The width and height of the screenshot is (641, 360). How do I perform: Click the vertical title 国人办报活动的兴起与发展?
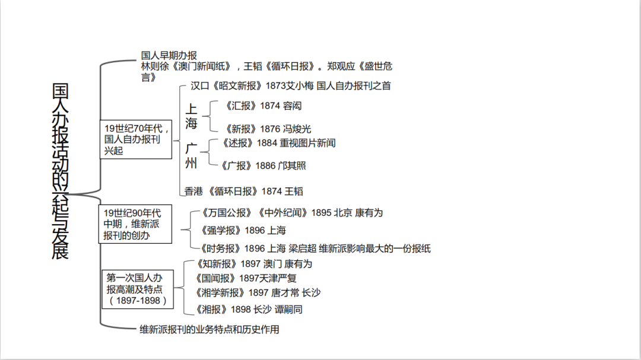[61, 171]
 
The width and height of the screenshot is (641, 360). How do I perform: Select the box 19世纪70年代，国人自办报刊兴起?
[137, 139]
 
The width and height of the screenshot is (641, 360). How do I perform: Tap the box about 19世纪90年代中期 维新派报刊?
[135, 224]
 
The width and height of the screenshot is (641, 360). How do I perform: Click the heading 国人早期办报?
[169, 55]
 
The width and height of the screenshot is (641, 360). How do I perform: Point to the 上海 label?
[191, 116]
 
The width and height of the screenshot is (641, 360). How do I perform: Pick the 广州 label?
[191, 155]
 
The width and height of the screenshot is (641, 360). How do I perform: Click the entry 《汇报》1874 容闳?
[264, 106]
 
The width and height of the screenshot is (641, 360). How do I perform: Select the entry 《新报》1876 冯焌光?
[268, 129]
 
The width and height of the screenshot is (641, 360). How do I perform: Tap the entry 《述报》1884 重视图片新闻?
[279, 143]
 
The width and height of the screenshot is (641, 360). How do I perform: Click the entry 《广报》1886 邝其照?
[264, 165]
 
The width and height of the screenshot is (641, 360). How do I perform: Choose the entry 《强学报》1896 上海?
[243, 230]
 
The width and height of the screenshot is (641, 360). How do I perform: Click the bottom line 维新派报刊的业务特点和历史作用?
[209, 329]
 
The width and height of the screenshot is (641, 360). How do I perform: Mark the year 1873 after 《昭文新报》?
[276, 85]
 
